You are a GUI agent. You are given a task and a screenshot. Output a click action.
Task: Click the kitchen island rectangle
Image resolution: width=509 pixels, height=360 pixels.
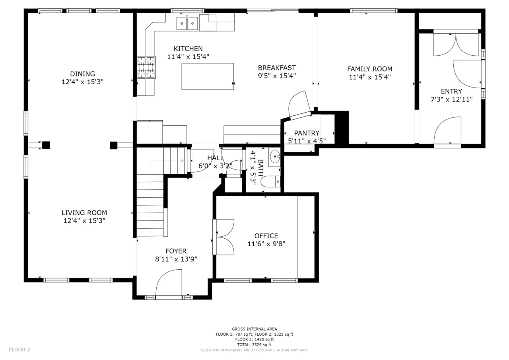[x=208, y=76]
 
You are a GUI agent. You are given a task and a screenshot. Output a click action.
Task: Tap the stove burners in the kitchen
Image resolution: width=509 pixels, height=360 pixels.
[x=146, y=67]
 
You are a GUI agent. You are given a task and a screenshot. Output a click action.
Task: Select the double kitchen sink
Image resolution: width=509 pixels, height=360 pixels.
[x=187, y=23]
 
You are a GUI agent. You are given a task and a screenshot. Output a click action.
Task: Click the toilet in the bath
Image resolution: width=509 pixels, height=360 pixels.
[x=270, y=181]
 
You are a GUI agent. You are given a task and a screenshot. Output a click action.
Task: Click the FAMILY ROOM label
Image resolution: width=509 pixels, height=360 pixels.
[x=370, y=69]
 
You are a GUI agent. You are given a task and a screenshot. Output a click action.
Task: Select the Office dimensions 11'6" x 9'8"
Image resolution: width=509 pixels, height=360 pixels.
[x=266, y=244]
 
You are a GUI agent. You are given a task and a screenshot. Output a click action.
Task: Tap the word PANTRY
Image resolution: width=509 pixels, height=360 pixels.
[x=307, y=133]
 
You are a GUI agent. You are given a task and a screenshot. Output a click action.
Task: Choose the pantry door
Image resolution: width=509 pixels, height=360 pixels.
[x=300, y=105]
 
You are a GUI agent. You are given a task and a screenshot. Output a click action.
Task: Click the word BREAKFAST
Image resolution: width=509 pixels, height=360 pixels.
[x=277, y=68]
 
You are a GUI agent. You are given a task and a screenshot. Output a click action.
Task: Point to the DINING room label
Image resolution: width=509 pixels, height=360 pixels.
[x=82, y=74]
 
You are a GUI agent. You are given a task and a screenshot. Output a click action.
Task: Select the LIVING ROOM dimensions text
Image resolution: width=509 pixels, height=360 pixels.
[x=84, y=221]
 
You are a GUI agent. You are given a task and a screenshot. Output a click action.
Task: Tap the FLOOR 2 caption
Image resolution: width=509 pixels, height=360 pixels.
[x=19, y=350]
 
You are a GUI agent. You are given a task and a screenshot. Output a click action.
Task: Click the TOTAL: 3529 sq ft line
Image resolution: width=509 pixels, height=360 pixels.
[x=254, y=344]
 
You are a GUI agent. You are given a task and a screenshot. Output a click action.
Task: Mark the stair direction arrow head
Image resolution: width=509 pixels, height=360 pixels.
[x=183, y=161]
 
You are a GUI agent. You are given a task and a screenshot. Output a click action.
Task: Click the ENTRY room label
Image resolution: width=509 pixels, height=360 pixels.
[x=451, y=91]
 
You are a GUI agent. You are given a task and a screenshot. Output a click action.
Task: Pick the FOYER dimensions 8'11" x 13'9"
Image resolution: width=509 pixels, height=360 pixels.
[x=176, y=259]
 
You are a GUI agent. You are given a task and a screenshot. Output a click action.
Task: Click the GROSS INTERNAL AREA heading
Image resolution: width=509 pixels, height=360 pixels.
[x=254, y=329]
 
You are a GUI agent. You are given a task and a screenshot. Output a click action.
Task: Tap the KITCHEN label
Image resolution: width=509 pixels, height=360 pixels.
[x=188, y=49]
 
